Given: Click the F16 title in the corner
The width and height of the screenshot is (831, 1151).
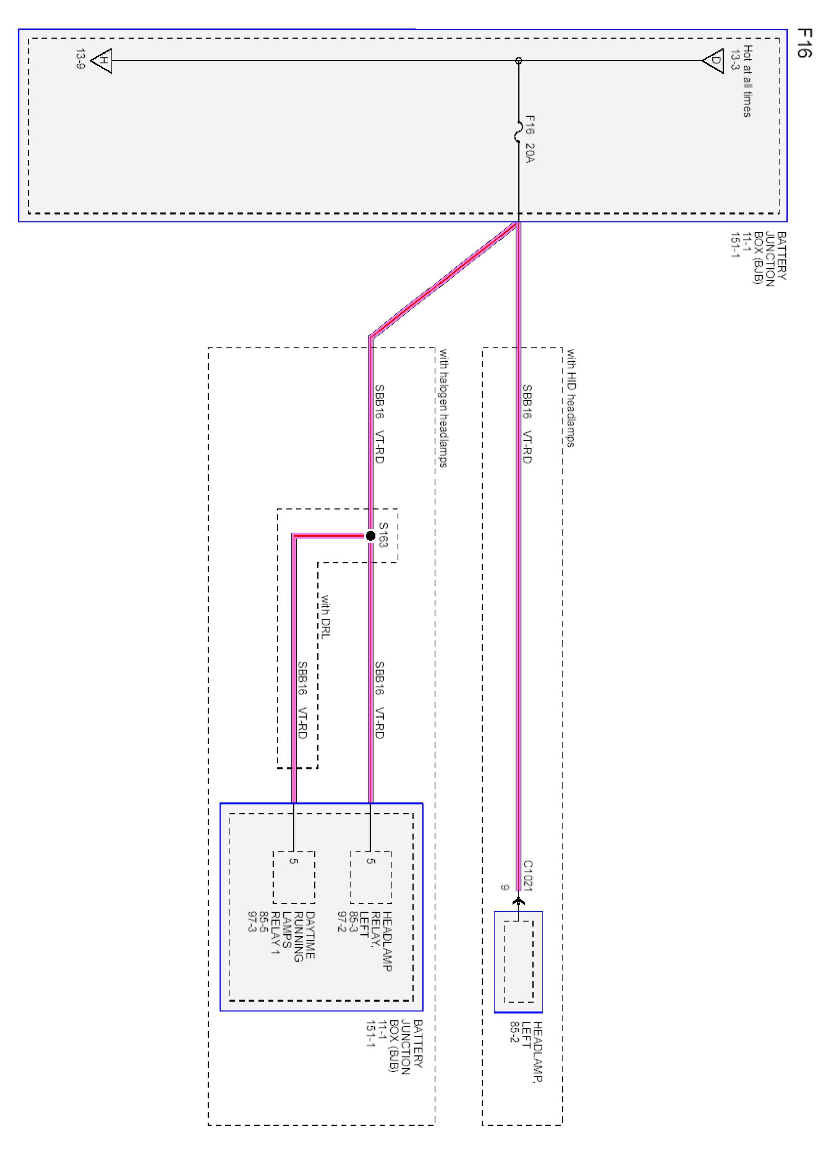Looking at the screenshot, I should (x=804, y=43).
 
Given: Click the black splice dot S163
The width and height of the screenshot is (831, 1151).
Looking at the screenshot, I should (x=370, y=535).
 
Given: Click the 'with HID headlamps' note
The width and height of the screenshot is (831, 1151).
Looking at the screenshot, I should (x=571, y=398).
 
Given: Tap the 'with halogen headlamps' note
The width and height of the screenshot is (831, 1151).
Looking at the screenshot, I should (x=443, y=408).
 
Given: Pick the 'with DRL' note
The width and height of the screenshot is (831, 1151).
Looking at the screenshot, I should (x=325, y=616).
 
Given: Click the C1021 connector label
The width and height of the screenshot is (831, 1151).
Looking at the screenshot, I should (x=528, y=875).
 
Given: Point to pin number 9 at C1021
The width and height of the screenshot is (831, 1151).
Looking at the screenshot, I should (x=504, y=887).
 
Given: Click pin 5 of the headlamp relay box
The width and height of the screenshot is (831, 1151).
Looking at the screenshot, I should (x=371, y=861).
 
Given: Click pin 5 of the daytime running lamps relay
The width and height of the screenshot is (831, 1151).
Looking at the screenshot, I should (x=294, y=861).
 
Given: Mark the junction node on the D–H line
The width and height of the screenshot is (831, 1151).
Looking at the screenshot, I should (x=518, y=61).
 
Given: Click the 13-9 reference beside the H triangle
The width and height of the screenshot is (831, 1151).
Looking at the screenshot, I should (x=80, y=59).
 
